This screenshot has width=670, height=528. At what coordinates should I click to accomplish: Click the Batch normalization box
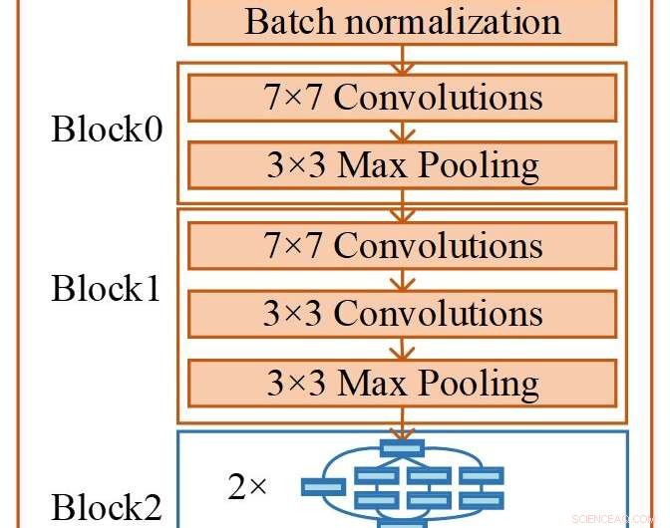pos(402,22)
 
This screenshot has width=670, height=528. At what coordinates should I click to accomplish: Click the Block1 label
pos(107,289)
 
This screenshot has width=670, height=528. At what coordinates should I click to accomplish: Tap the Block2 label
pos(107,508)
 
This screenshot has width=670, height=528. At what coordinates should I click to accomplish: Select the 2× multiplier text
pos(248,487)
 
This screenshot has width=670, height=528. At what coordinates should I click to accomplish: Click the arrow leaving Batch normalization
pos(402,56)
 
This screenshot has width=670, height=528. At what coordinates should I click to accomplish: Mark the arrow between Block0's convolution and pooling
pos(402,132)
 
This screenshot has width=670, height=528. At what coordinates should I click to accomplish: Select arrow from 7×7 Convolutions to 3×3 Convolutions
pos(402,279)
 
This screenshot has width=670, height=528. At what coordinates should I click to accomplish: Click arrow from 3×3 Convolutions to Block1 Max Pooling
pos(402,348)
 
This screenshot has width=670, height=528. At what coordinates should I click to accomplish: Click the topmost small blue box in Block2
pos(402,446)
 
